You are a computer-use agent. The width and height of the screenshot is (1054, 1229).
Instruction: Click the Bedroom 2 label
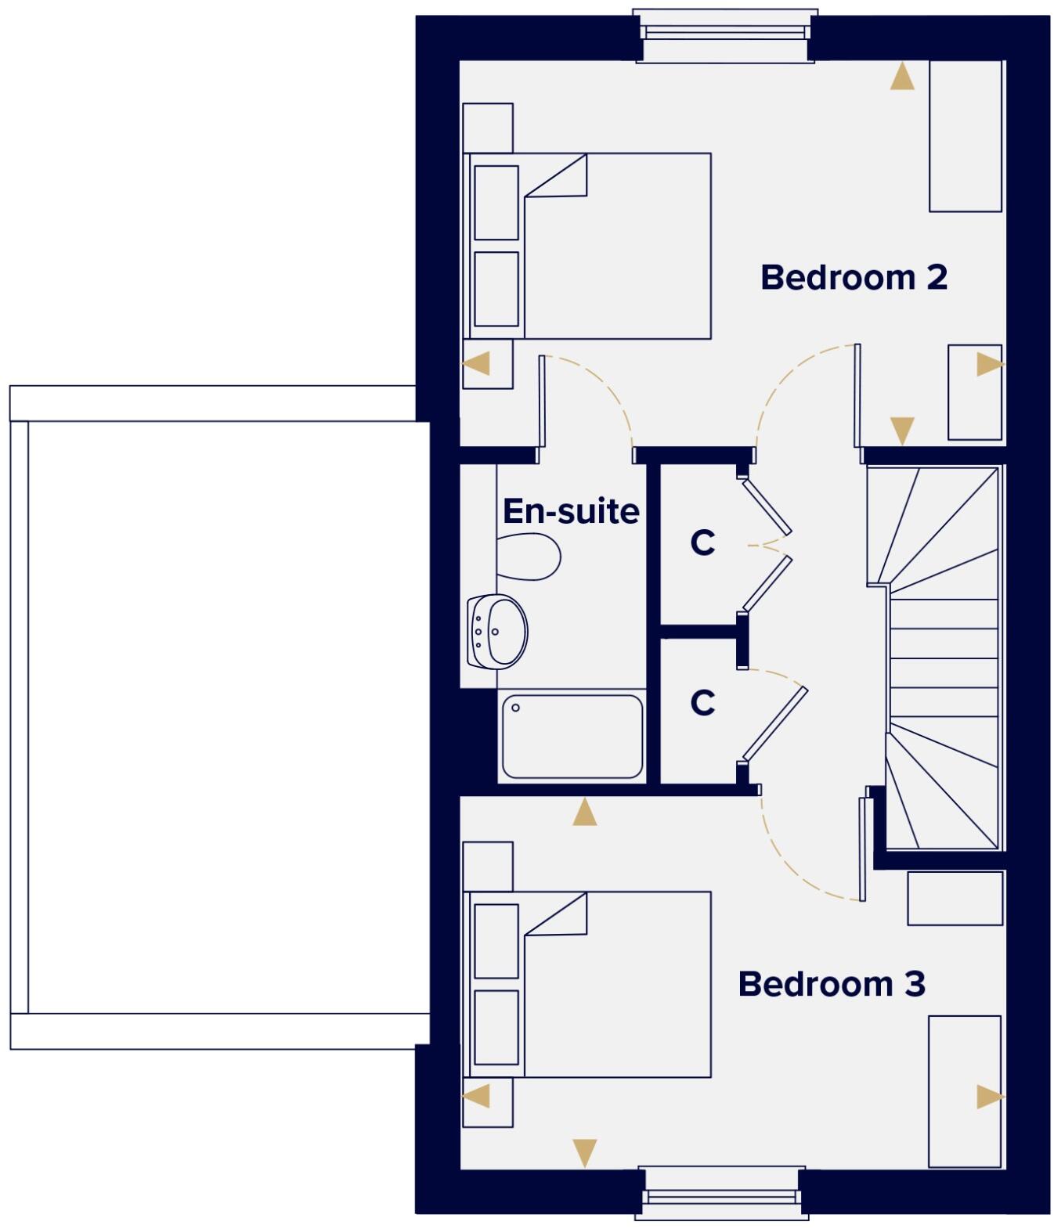click(x=854, y=278)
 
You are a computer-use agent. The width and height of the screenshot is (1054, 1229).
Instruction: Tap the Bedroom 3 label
click(x=832, y=984)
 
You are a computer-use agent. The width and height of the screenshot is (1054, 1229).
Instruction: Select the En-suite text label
click(x=571, y=511)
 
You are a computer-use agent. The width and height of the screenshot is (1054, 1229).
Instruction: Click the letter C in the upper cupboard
click(x=702, y=542)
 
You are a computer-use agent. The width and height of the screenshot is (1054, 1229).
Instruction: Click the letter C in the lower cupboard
click(x=702, y=702)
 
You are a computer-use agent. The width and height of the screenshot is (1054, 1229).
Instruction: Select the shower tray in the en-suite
click(x=572, y=737)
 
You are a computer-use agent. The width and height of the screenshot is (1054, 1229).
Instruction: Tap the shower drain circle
click(x=515, y=708)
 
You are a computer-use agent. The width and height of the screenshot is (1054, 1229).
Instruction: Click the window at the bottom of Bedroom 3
click(x=721, y=1195)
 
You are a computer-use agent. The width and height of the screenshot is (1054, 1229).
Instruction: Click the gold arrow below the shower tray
click(x=584, y=813)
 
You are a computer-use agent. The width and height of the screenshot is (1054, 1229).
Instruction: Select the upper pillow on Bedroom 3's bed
click(x=496, y=941)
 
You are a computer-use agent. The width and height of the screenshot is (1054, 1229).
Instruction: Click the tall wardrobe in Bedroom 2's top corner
click(x=965, y=135)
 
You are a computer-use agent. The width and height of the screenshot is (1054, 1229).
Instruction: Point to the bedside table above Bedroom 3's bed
click(x=488, y=866)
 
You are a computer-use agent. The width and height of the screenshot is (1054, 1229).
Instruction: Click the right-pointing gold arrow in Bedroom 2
click(x=989, y=364)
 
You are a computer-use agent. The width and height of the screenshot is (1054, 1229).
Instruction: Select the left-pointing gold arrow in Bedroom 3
click(x=477, y=1095)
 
